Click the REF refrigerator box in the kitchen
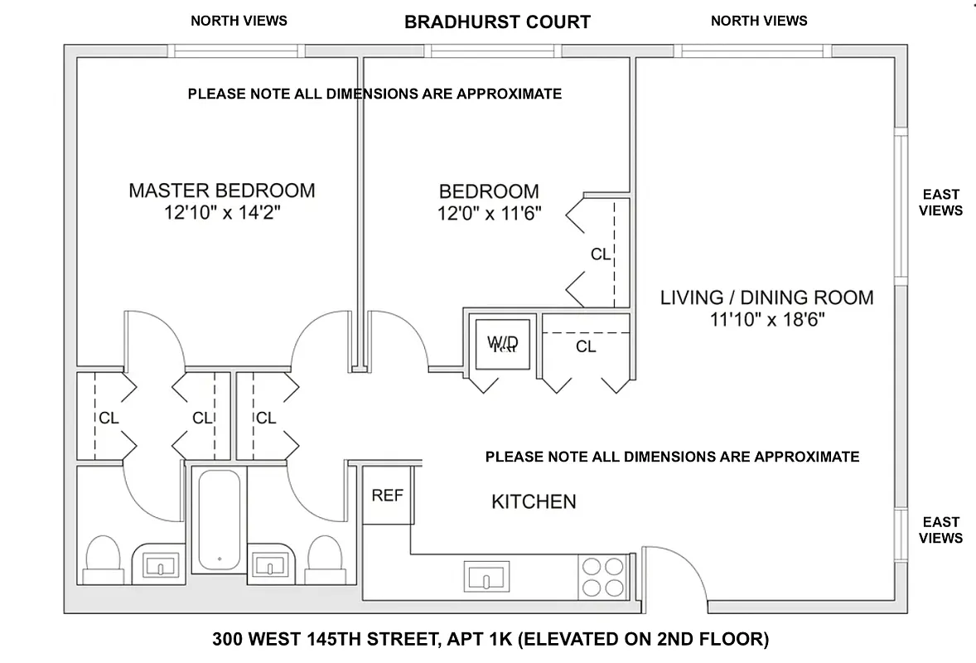(x=387, y=496)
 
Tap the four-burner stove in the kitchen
(x=602, y=577)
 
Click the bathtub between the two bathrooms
(x=220, y=520)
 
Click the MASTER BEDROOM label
(x=221, y=191)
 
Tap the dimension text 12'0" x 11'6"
(x=489, y=214)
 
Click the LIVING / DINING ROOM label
(x=766, y=298)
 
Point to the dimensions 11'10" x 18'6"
(x=766, y=320)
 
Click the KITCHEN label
(x=534, y=501)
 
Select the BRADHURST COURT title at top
(x=497, y=22)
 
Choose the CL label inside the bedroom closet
(x=601, y=254)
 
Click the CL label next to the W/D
(x=586, y=346)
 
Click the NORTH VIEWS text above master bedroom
(x=239, y=21)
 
